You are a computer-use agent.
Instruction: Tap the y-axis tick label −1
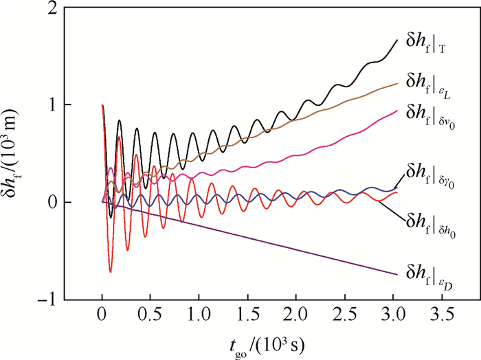(47, 300)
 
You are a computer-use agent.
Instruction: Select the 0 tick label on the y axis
(52, 203)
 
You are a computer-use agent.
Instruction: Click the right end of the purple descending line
(397, 275)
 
